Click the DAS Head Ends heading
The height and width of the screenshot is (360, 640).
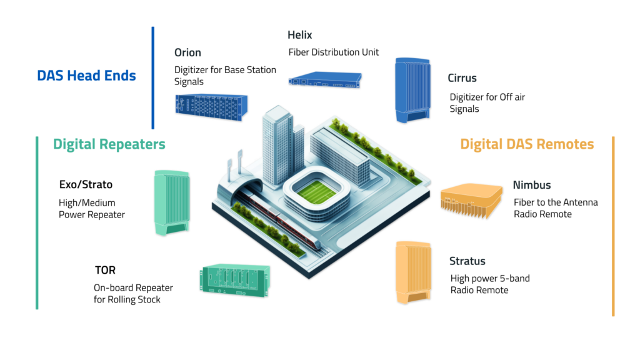point(86,76)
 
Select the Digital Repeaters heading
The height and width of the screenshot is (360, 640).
point(109,144)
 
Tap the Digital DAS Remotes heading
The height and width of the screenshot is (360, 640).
point(527,144)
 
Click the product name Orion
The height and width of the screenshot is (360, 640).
point(187,52)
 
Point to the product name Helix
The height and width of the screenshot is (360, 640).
point(300,35)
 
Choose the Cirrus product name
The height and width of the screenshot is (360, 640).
point(462,78)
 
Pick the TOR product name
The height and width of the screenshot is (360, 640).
point(105,271)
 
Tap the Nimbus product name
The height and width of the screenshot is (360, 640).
point(532,185)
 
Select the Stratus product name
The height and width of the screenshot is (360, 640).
point(467,261)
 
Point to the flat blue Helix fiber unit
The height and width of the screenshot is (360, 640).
point(324,79)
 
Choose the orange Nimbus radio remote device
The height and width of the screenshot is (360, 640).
point(471,197)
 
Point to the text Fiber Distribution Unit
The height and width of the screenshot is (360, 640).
point(333,52)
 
